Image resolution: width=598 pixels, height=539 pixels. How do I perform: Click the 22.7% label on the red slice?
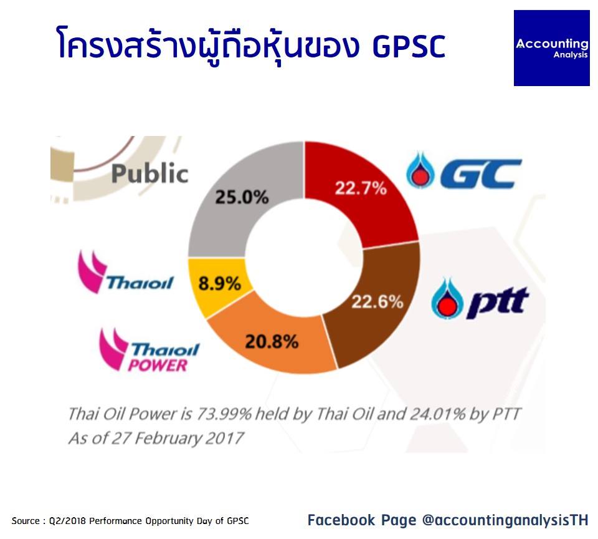coord(361,188)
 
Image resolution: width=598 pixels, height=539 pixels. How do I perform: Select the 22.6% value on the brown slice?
coord(377,302)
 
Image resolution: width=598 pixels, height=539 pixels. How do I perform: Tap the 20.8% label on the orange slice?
coord(272,341)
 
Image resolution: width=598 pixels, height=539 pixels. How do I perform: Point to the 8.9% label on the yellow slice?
coord(220,284)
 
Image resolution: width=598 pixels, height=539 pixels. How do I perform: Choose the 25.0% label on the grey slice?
coord(242,198)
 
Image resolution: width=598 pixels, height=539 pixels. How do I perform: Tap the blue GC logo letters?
coord(481,173)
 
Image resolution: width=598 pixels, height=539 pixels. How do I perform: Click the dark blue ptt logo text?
coord(498,302)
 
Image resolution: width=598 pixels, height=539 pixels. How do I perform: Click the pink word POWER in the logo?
coord(158,365)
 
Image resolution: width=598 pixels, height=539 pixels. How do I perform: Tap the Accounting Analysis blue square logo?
coord(551,48)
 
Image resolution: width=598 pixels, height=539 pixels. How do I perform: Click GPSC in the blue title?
coord(409,46)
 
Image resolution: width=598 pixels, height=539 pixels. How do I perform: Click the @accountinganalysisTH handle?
coord(505,520)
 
